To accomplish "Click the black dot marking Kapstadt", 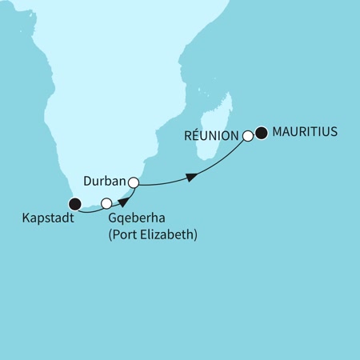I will [x=74, y=203].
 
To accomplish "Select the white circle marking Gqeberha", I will [x=106, y=204].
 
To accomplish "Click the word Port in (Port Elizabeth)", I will [x=126, y=236].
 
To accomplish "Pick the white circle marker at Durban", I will [x=133, y=183].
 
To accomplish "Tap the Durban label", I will [x=106, y=181].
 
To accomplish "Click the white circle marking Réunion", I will [x=248, y=136].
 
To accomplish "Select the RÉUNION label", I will [x=212, y=136].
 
